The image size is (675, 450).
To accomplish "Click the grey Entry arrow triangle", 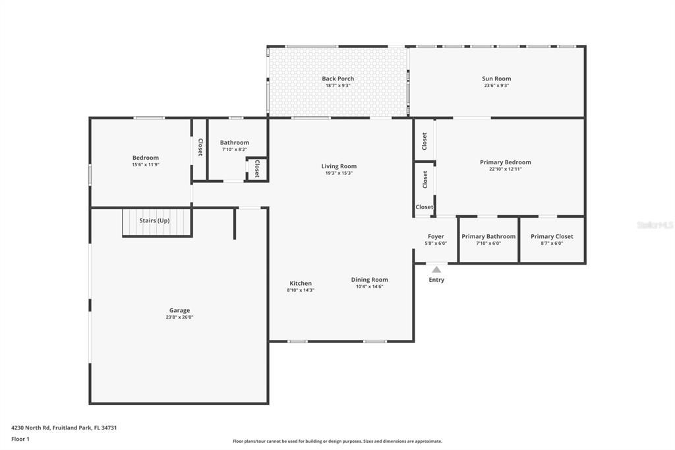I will [436, 269].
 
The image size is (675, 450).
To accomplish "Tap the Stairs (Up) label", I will [154, 220].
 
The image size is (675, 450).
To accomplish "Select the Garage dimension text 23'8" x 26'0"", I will [179, 317].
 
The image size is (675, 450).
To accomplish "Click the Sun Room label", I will [496, 79].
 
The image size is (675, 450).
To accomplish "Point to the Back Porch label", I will [337, 79].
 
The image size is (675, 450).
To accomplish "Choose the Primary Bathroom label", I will [488, 236].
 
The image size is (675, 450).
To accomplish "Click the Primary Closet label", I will [552, 236].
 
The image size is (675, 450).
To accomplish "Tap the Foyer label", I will [436, 236].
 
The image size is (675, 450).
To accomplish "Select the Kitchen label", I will [301, 283].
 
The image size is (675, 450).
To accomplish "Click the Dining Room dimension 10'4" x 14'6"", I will [369, 286].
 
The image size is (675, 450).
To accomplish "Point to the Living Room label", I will [339, 166].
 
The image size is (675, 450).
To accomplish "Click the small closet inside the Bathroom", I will [256, 169].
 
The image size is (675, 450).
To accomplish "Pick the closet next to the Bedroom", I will [200, 148].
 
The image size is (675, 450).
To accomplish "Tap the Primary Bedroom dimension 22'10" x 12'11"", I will [505, 169].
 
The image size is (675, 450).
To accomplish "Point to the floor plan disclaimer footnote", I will [337, 441].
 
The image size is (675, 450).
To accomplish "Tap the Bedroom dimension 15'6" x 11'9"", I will [146, 164].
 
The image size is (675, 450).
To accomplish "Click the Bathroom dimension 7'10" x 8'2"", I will [234, 149].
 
